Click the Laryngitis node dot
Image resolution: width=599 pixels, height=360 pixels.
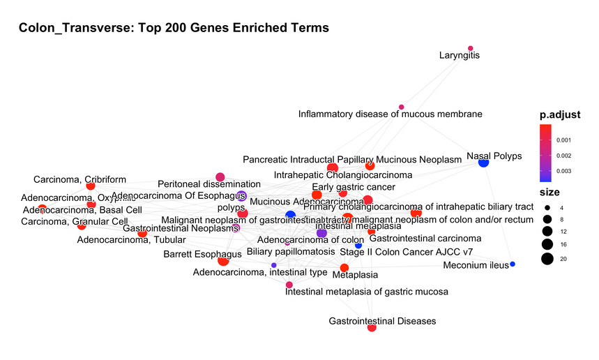point(471,48)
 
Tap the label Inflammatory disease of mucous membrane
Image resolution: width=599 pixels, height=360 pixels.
point(390,114)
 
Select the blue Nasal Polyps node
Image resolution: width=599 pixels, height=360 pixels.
point(483,162)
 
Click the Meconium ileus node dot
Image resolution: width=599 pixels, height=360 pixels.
point(513,264)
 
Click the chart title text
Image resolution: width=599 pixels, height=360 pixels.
point(174,28)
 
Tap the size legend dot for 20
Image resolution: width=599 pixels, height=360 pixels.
point(547,260)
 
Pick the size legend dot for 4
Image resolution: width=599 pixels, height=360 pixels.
point(547,208)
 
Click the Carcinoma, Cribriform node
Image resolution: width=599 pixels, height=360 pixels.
point(90,186)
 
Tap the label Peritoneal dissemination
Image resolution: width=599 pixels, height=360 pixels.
point(209,184)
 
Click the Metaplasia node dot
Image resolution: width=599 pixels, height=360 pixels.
point(344,268)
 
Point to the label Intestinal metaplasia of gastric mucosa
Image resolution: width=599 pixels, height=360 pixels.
point(367,291)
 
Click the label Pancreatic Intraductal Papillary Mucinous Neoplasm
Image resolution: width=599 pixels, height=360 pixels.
point(352,160)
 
